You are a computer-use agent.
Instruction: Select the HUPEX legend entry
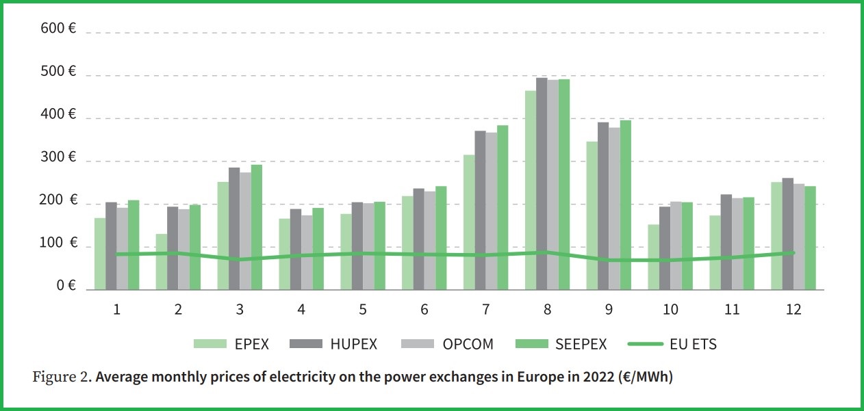pos(338,344)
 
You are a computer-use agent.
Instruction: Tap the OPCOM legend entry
pos(453,344)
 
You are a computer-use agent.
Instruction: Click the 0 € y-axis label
pos(66,286)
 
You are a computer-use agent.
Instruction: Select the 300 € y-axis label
pos(58,158)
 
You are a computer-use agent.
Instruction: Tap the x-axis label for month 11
pos(732,309)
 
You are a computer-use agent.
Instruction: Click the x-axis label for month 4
pos(301,309)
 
